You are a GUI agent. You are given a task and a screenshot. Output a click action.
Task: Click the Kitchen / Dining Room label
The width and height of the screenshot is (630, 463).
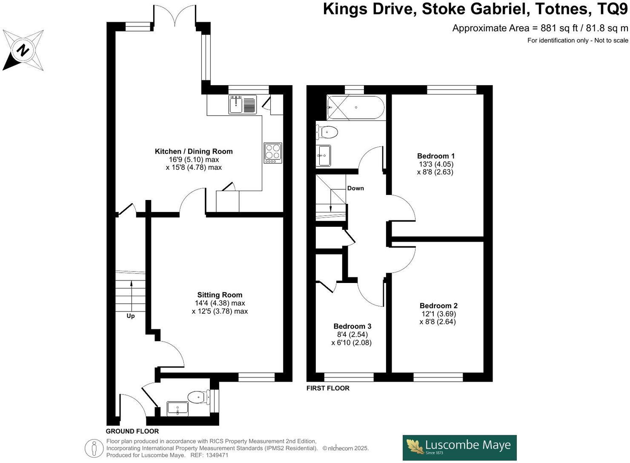[x=194, y=151]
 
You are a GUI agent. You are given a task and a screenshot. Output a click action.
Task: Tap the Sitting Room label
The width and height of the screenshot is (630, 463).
[x=220, y=295]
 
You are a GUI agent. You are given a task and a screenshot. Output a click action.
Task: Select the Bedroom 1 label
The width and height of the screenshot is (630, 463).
[x=435, y=156]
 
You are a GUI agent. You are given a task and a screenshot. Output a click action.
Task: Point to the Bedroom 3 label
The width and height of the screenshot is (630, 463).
[x=352, y=326]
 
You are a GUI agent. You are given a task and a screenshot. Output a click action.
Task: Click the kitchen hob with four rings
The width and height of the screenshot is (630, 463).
[x=273, y=153]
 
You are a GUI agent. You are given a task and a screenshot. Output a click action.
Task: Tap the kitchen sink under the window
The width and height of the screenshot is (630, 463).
[x=243, y=105]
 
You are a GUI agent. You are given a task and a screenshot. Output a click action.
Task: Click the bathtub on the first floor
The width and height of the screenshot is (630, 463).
[x=355, y=108]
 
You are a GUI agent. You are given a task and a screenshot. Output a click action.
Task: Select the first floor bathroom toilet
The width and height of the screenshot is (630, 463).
[x=327, y=132]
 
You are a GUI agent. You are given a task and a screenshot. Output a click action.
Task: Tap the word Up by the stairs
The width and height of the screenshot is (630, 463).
[x=131, y=316]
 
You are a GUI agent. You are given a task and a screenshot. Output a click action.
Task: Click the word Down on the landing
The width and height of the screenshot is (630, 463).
[x=355, y=189]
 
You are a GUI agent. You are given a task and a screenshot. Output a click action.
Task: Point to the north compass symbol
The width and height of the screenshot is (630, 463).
[x=23, y=50]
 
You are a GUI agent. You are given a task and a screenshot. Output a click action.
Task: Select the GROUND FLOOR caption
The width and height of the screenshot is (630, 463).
[x=132, y=431]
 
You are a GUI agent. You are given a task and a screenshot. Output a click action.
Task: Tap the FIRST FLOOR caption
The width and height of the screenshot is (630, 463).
[x=328, y=388]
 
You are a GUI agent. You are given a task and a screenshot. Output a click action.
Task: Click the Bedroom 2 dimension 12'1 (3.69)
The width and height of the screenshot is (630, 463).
[x=438, y=314]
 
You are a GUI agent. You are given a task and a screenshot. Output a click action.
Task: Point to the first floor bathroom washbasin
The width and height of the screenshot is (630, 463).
[x=324, y=155]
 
